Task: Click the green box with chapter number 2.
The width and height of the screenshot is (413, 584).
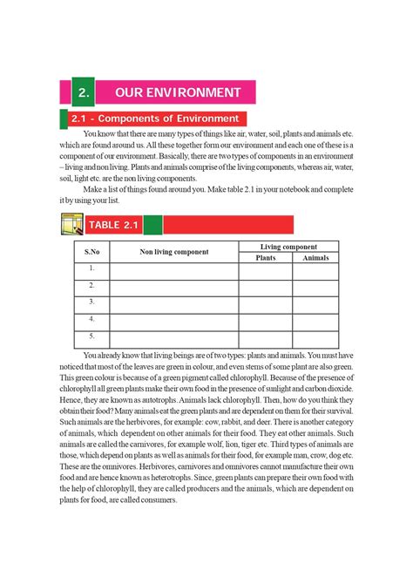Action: tap(82, 92)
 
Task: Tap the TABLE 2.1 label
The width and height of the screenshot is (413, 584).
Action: tap(113, 225)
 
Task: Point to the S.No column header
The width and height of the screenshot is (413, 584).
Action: tap(91, 252)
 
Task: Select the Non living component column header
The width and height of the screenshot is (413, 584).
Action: tap(174, 252)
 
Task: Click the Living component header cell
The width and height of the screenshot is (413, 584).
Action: tap(288, 248)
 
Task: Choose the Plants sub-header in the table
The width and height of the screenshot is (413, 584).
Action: tap(265, 258)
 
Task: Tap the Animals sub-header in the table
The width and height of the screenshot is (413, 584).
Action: tap(315, 258)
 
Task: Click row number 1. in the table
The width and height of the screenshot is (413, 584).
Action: tap(91, 270)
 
